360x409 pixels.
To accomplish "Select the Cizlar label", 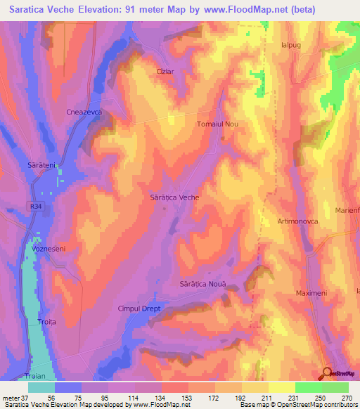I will [165, 71].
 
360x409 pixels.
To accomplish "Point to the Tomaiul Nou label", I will [217, 124].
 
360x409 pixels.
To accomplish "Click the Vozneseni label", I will [49, 249].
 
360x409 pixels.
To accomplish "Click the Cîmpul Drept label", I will [139, 309].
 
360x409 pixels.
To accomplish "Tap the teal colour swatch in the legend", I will [41, 387].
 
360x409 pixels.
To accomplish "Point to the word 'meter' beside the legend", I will [11, 398].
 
